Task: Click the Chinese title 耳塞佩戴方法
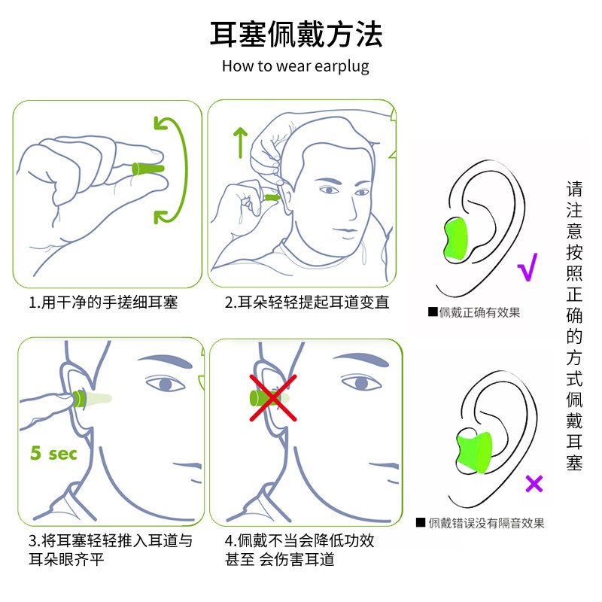pos(296,35)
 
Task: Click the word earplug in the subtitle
pos(342,67)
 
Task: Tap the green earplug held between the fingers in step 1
pos(148,169)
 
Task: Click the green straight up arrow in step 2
pos(240,142)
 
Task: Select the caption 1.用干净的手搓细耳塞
pos(103,303)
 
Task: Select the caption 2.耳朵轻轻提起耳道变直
pos(307,303)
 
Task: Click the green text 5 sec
pos(53,454)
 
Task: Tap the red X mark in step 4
pos(273,398)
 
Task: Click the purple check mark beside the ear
pos(528,267)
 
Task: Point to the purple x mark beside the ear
pos(534,484)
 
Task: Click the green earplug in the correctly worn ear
pos(456,239)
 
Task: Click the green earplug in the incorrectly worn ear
pos(475,452)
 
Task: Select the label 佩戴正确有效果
pos(479,312)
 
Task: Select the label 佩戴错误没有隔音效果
pos(486,523)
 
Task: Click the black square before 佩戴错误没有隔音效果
pos(421,522)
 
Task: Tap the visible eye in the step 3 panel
pos(165,384)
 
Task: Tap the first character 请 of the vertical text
pos(574,189)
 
